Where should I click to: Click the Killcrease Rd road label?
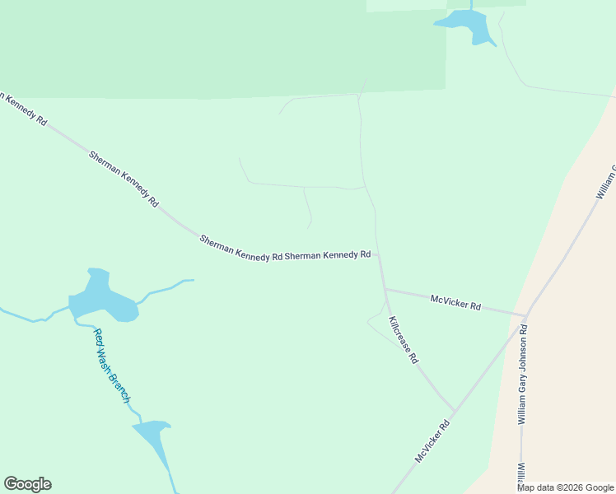[x=404, y=340]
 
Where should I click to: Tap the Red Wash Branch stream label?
[x=111, y=366]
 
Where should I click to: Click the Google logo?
[x=27, y=484]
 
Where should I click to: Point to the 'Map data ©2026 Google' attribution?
[x=565, y=487]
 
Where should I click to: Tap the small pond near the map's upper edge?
[x=468, y=25]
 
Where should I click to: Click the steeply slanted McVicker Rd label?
[x=432, y=441]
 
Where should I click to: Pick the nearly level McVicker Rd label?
[x=455, y=301]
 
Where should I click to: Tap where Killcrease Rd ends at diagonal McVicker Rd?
[x=452, y=409]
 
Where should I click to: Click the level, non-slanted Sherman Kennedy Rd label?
[x=328, y=255]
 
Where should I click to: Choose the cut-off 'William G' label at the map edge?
[x=607, y=181]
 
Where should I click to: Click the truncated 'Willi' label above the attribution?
[x=522, y=473]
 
